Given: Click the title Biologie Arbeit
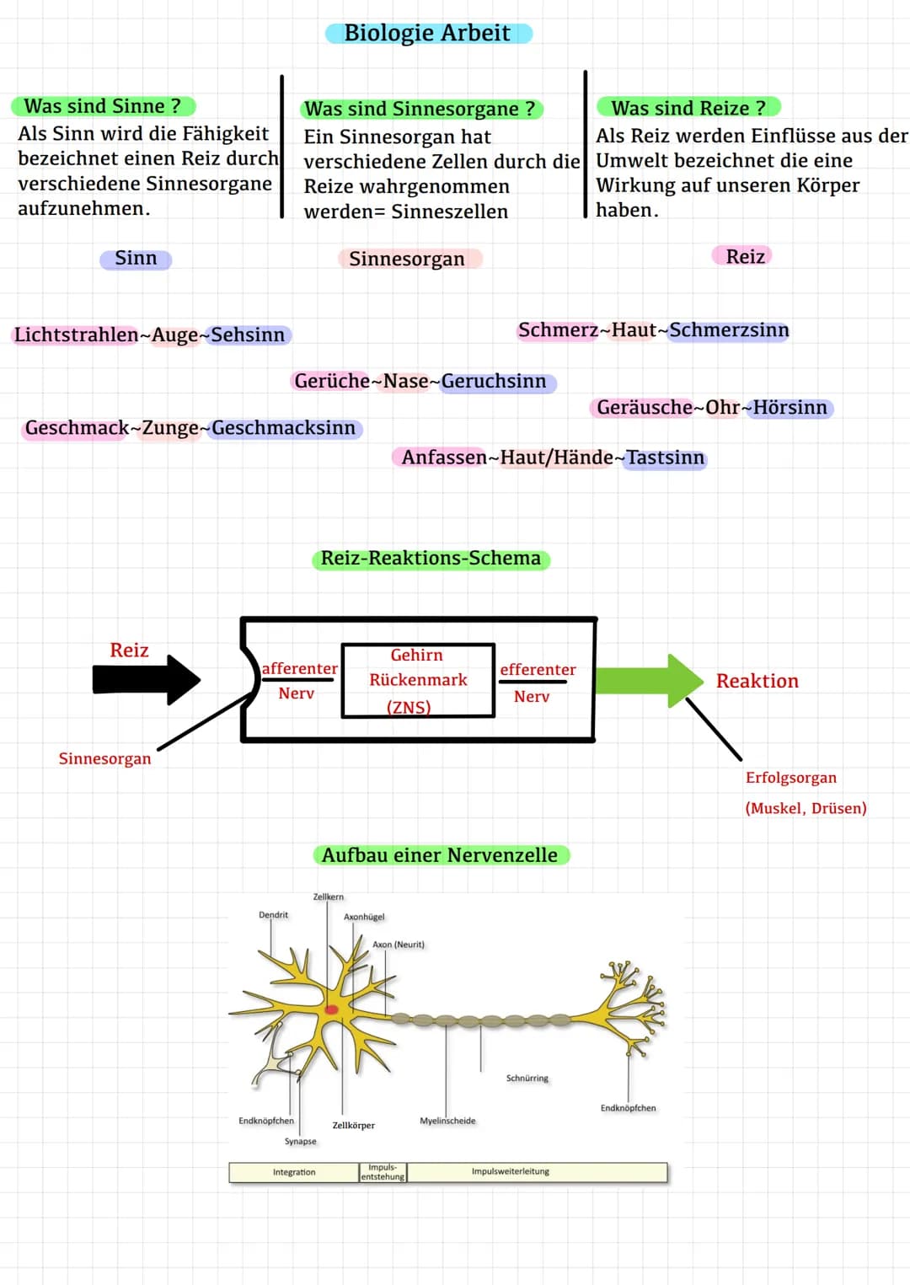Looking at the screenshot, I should coord(427,33).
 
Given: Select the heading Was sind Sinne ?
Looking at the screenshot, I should coord(102,106).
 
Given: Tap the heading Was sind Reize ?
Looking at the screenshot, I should coord(688,108).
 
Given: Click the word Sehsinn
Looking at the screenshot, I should coord(248,335).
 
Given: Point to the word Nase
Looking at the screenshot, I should coord(406,382).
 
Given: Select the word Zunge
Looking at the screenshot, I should coord(170,428).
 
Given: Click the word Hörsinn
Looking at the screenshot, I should coord(790,408).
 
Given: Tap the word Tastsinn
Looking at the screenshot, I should coord(666,458).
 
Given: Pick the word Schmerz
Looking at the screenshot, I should coord(558,330).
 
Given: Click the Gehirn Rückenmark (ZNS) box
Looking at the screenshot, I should coord(418,680).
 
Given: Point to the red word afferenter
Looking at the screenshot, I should coord(300,668).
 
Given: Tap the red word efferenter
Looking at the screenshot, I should coord(538,670).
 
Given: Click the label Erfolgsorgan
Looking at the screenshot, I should coord(791,778).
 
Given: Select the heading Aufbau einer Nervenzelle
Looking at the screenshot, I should coord(440,855).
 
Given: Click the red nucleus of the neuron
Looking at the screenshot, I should coord(331,1009).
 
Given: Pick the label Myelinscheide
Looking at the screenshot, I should coord(447,1121).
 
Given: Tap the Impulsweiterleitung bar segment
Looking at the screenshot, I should coord(537,1172).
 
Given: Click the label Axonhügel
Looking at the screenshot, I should coord(364,917).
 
